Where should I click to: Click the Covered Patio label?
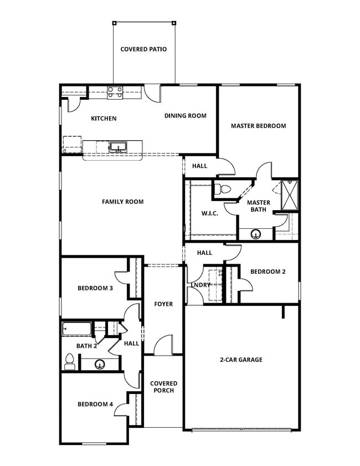[x=143, y=49]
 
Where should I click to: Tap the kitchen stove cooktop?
[x=115, y=92]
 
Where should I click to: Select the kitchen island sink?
[x=117, y=147]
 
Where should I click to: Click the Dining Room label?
[x=185, y=116]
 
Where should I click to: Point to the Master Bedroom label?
[x=258, y=126]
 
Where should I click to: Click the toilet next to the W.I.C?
[x=222, y=188]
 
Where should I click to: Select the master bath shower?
[x=289, y=195]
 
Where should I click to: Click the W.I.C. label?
[x=209, y=213]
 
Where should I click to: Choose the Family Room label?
[x=122, y=202]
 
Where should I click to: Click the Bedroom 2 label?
[x=268, y=272]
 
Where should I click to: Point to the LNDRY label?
[x=201, y=285]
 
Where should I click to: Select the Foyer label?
[x=163, y=304]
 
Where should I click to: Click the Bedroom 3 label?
[x=95, y=288]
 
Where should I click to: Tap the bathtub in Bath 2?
[x=76, y=329]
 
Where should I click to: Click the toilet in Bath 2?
[x=70, y=362]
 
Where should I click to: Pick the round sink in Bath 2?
[x=100, y=364]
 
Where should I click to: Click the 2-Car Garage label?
[x=241, y=360]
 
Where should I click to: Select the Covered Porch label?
[x=164, y=387]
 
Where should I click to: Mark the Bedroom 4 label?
[x=95, y=404]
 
